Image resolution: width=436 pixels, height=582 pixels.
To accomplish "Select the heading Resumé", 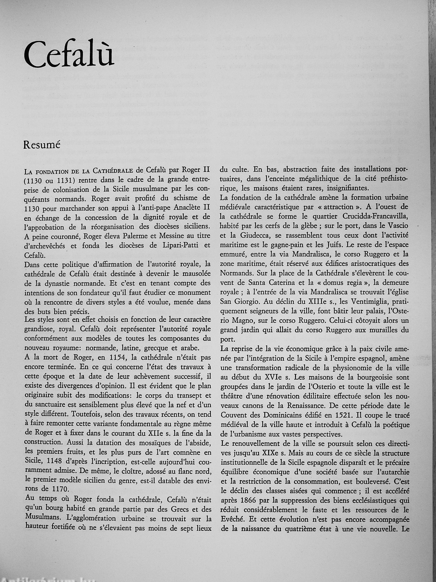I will coord(42,145).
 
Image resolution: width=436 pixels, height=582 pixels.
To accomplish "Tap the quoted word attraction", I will coord(348,207).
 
